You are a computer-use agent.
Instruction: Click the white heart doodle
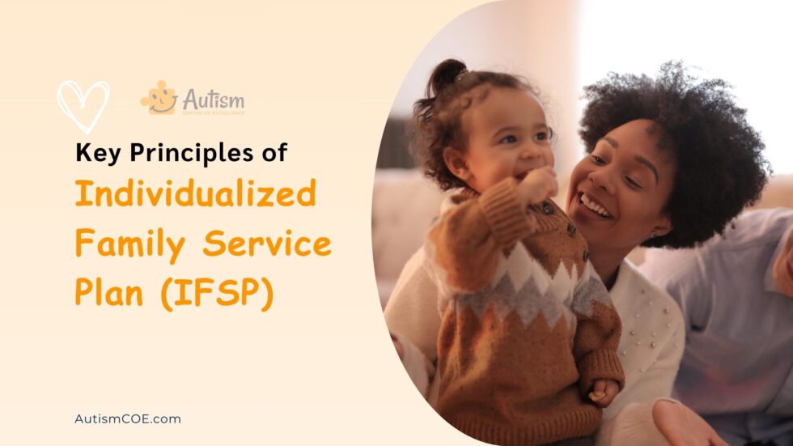pos(83,104)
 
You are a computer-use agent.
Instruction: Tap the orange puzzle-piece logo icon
pos(159,98)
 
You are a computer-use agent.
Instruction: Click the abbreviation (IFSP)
pos(216,293)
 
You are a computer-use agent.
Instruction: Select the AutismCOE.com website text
pos(127,418)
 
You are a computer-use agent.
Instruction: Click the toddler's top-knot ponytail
pos(449,76)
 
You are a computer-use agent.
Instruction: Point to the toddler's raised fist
pos(539,185)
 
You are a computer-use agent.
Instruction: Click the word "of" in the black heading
pos(274,153)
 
